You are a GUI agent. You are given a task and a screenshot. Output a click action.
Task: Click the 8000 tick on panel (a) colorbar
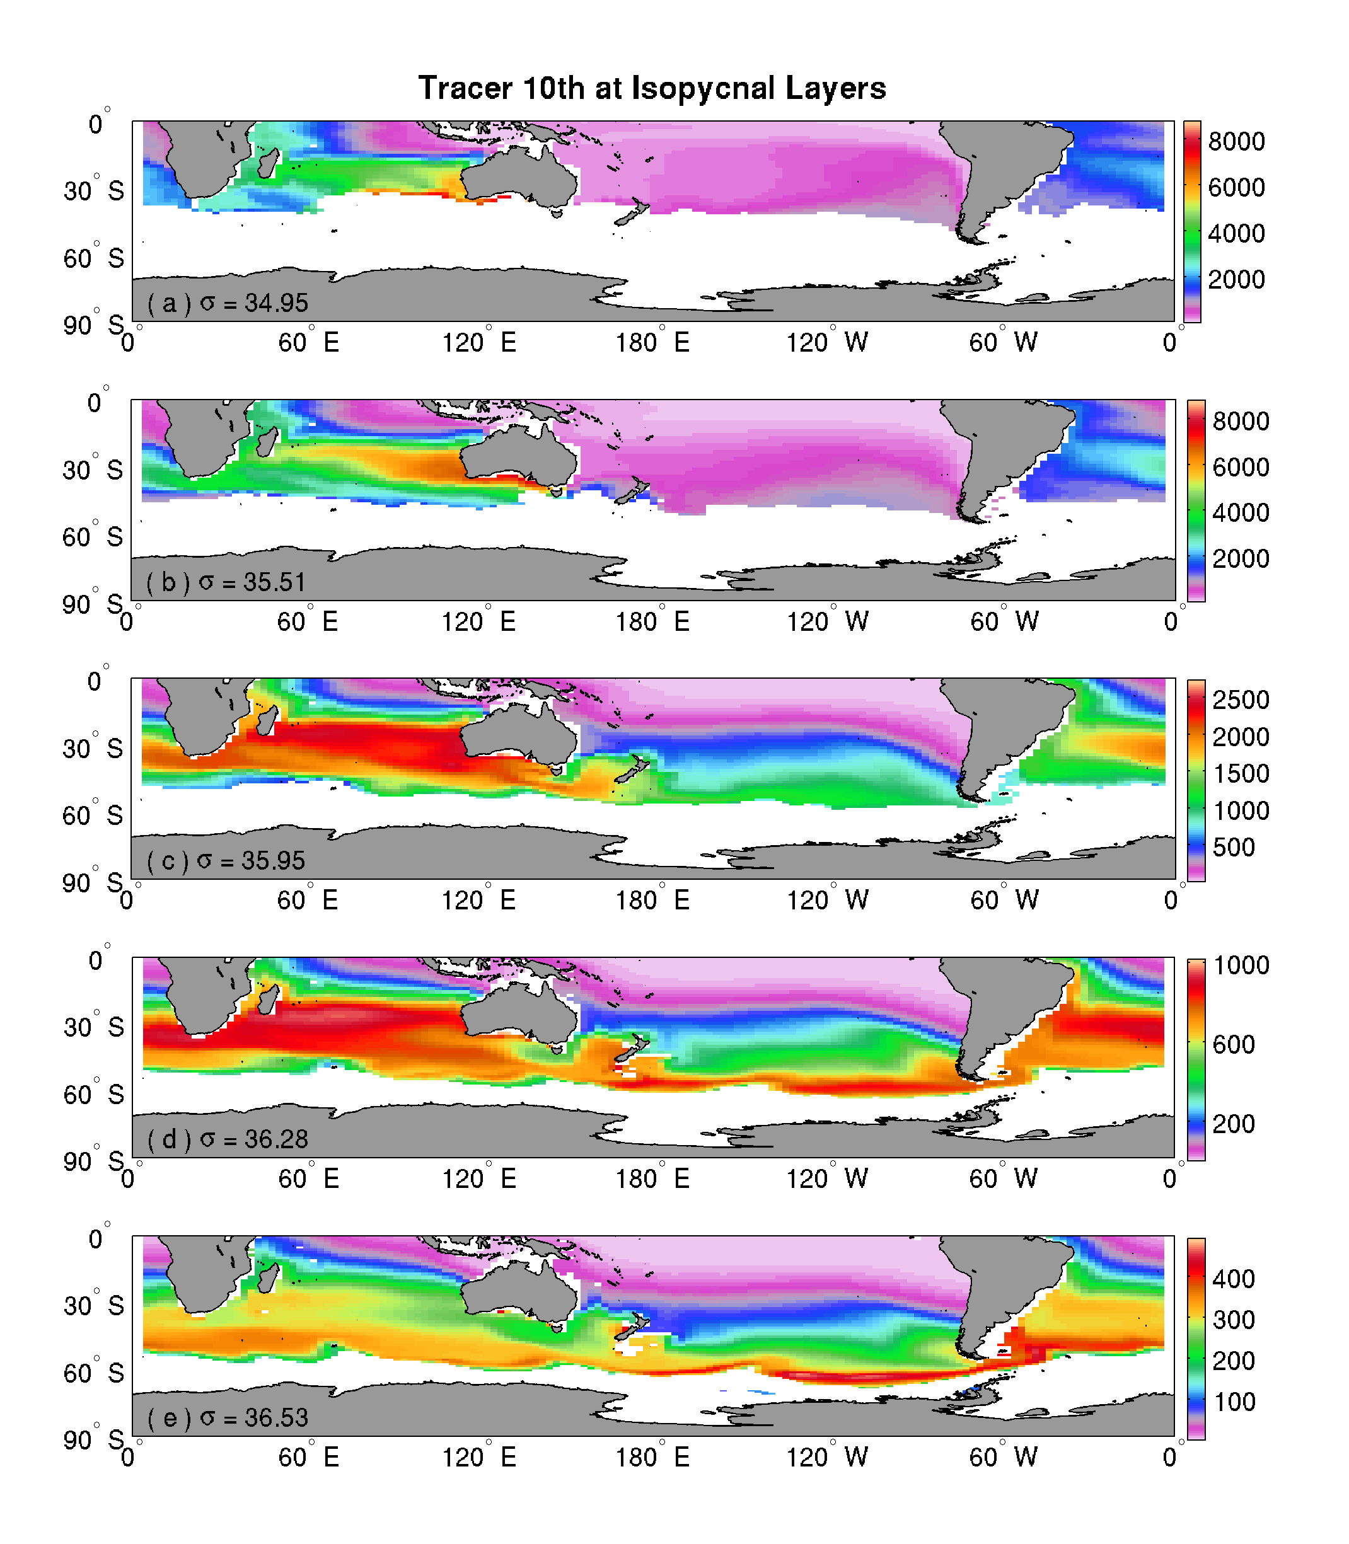1236,141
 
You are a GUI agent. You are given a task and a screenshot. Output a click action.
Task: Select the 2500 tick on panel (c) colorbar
1240,700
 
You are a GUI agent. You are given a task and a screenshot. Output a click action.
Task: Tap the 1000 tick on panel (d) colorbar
1241,965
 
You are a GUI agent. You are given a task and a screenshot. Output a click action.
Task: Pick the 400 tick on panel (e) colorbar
1233,1279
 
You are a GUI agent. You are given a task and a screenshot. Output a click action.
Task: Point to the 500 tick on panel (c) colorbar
1233,847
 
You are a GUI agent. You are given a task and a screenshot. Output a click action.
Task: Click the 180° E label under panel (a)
652,343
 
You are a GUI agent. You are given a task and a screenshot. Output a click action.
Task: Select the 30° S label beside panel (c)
93,749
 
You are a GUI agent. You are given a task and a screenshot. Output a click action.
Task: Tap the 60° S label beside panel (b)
93,537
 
